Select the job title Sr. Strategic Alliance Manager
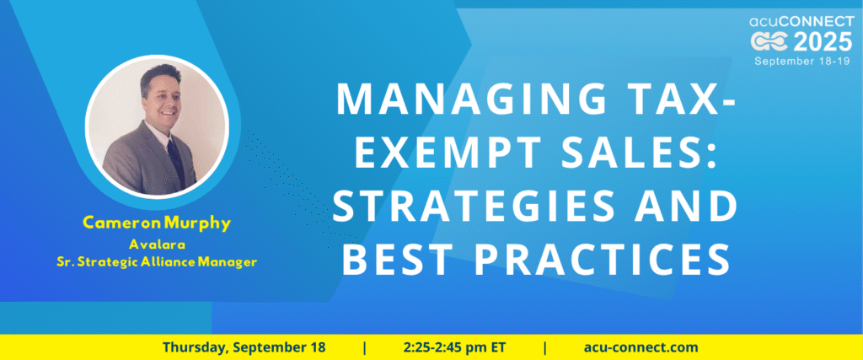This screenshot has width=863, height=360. point(157,262)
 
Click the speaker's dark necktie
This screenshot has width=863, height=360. point(175,159)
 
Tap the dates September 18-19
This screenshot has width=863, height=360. point(803,61)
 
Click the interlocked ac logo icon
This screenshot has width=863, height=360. point(770,42)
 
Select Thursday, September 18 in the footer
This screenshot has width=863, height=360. point(244,347)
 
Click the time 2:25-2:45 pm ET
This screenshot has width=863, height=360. point(454,347)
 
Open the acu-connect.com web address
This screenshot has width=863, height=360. point(641,347)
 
